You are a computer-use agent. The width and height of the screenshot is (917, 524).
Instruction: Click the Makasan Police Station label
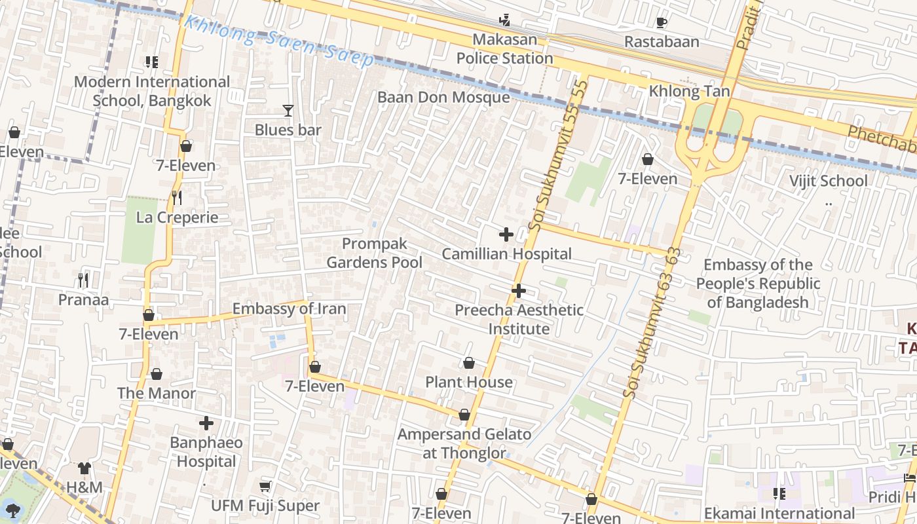[504, 49]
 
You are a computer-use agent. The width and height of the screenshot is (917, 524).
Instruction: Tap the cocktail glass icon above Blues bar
[288, 111]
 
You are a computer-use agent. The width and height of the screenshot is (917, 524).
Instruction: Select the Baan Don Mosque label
[443, 98]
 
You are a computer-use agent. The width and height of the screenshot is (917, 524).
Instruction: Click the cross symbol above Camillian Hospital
[506, 234]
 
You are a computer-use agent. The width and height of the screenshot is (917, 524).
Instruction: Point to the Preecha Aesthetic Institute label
[519, 319]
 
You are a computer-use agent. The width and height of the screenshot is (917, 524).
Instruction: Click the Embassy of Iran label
[289, 309]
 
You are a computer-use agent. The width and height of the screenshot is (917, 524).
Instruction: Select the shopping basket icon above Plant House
[469, 363]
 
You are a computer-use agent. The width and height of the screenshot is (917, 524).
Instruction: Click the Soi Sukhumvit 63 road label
[653, 323]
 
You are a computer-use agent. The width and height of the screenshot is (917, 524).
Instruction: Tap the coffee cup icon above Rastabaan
[662, 23]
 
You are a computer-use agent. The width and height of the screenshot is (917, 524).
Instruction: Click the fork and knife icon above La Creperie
[176, 197]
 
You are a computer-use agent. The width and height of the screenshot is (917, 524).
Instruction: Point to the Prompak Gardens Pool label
[375, 253]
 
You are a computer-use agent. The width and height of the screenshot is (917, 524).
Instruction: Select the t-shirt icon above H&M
[84, 468]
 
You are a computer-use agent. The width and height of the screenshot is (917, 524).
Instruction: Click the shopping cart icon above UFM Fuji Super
[265, 486]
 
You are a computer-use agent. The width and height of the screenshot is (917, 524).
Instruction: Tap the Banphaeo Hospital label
[206, 452]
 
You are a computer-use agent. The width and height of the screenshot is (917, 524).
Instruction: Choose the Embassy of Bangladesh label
[758, 284]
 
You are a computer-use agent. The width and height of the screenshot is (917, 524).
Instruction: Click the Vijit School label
[828, 181]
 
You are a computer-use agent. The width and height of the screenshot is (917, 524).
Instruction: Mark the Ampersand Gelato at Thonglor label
[464, 443]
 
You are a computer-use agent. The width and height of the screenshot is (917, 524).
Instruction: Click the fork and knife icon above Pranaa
[83, 280]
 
